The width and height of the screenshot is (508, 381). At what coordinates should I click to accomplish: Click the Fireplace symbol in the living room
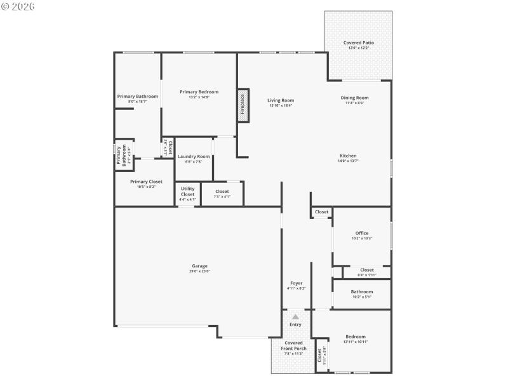pyautogui.click(x=242, y=105)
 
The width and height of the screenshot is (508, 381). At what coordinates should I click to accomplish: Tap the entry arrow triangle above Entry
pyautogui.click(x=295, y=316)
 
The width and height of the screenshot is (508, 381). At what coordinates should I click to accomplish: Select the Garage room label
pyautogui.click(x=200, y=266)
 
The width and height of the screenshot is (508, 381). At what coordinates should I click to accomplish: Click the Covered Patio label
pyautogui.click(x=359, y=43)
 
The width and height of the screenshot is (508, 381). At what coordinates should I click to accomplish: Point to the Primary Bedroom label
pyautogui.click(x=199, y=92)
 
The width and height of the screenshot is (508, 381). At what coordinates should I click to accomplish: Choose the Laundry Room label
pyautogui.click(x=194, y=156)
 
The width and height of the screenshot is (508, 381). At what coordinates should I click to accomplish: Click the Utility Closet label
pyautogui.click(x=187, y=191)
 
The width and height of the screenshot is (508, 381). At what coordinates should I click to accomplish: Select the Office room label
pyautogui.click(x=362, y=233)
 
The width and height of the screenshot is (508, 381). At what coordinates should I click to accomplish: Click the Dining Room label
pyautogui.click(x=354, y=98)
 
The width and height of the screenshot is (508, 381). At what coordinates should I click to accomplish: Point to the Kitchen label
pyautogui.click(x=348, y=156)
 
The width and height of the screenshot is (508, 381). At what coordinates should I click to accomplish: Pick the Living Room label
pyautogui.click(x=280, y=100)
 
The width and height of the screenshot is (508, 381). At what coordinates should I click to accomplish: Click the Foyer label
pyautogui.click(x=297, y=283)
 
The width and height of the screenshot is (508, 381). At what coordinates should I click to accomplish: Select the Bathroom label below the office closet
pyautogui.click(x=362, y=292)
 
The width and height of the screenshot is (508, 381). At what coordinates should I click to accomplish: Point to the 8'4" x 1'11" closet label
pyautogui.click(x=367, y=275)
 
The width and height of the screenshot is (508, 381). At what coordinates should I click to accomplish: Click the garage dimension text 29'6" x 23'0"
pyautogui.click(x=200, y=271)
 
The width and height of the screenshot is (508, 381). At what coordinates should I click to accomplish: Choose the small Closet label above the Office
pyautogui.click(x=322, y=212)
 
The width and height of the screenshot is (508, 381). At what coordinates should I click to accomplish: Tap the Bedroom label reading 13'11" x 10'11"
pyautogui.click(x=356, y=342)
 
